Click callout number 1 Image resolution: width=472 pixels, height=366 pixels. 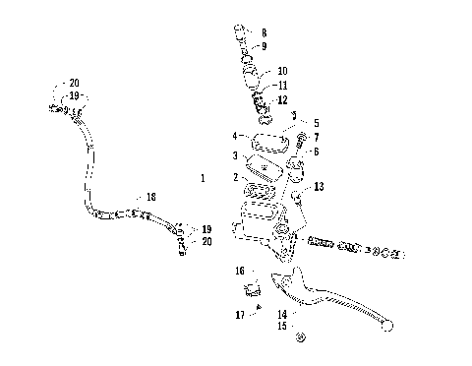(203, 179)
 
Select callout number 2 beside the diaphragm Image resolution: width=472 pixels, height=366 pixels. (235, 177)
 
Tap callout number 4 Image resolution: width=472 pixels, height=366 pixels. (234, 135)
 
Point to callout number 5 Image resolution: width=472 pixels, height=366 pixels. (317, 124)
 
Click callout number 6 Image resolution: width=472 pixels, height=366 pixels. (317, 151)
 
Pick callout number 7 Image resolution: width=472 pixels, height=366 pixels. (317, 137)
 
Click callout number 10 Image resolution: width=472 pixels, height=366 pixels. (282, 71)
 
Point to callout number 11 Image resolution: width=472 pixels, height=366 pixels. (282, 86)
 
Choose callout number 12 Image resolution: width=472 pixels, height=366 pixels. (282, 100)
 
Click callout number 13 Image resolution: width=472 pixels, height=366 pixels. (319, 186)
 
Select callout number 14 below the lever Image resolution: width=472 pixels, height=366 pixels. (281, 314)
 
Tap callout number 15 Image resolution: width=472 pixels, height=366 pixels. (281, 326)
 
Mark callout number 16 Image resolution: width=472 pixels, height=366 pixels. (239, 271)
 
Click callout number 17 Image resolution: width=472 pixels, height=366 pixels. (239, 315)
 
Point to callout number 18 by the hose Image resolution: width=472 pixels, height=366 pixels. (150, 198)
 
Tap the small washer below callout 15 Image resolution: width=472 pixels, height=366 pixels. (301, 338)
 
